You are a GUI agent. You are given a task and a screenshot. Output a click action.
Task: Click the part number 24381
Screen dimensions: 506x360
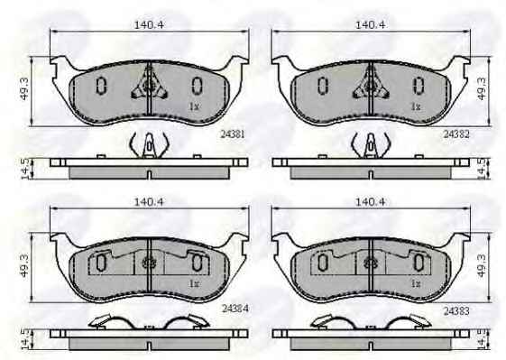[x=233, y=134]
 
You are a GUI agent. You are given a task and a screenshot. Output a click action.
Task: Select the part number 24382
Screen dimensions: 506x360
[x=456, y=134]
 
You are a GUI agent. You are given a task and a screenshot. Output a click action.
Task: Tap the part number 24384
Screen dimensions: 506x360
[x=235, y=309]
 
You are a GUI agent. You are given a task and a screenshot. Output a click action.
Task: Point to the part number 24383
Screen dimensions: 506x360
[x=456, y=311]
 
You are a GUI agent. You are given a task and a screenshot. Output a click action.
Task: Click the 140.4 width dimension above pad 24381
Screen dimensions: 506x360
[x=149, y=24]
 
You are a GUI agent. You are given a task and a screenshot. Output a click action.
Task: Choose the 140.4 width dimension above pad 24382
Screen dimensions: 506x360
[x=370, y=24]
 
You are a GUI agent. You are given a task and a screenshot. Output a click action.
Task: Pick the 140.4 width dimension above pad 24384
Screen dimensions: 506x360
[x=149, y=202]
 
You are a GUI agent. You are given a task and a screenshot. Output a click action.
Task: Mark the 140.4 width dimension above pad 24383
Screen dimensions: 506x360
[x=370, y=202]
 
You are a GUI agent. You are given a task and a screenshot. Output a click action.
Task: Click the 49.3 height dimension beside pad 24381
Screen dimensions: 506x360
[x=24, y=89]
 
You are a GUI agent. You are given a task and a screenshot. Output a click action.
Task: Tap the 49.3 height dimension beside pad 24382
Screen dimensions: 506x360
[x=481, y=89]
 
